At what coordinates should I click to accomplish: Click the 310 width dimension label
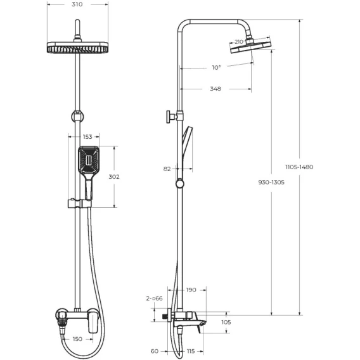(77, 4)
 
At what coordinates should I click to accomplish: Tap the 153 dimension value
(87, 137)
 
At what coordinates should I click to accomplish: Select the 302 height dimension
(114, 177)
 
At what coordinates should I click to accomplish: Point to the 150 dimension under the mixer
(77, 339)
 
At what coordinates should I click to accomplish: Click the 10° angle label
(216, 67)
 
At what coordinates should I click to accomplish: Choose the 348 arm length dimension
(215, 89)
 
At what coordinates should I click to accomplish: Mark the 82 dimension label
(167, 169)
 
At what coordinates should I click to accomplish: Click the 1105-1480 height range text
(299, 167)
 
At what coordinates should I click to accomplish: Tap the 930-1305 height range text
(271, 183)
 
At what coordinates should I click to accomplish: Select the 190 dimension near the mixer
(191, 290)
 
